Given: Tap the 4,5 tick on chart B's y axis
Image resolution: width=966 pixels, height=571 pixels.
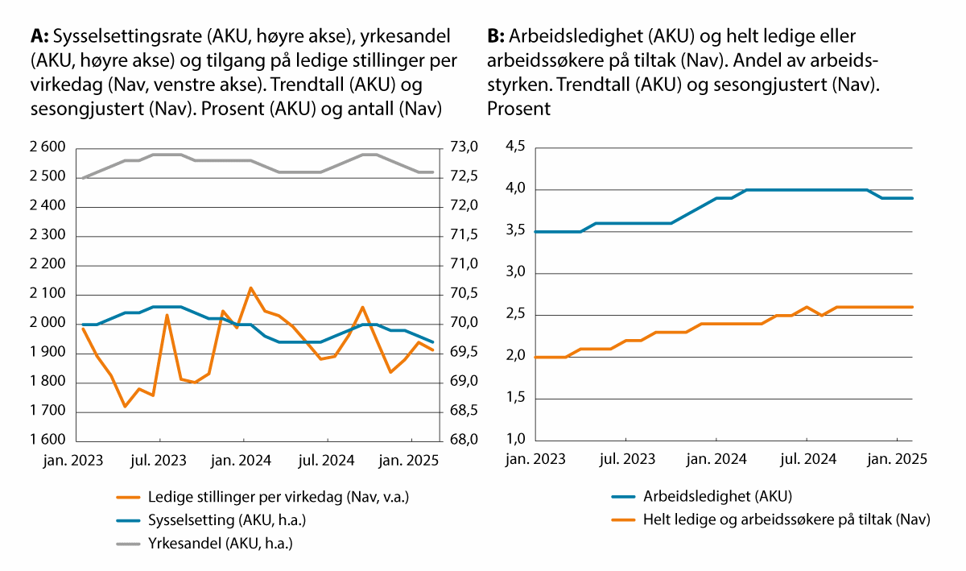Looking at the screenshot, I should pos(515,147).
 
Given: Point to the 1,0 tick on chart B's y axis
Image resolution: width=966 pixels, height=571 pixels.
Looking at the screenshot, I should pos(515,441).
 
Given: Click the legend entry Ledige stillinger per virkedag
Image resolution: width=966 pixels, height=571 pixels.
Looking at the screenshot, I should pos(279,496).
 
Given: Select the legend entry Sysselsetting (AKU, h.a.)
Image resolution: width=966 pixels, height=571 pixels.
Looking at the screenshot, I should pos(227,519).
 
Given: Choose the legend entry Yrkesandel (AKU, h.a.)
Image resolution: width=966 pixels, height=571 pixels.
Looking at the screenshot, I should pos(220,544).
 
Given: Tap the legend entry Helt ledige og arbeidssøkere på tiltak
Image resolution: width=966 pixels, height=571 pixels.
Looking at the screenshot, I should pos(786,519).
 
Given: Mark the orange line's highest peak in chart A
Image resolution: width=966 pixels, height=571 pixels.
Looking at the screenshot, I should pos(250,288).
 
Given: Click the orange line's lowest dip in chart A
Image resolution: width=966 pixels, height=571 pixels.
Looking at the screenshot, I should pos(125,406).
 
